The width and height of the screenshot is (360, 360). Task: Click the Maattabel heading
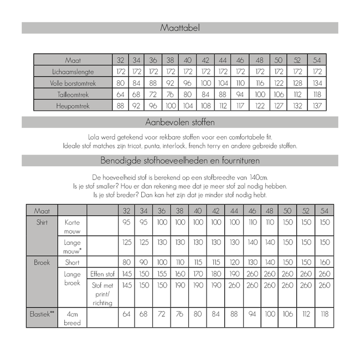tap(180, 27)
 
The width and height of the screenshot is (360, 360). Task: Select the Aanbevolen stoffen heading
tap(180, 122)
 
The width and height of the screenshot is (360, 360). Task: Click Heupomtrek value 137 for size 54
tap(317, 106)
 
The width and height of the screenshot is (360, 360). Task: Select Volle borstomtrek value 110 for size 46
tap(240, 83)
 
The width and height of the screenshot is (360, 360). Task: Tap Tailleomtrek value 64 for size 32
tap(121, 95)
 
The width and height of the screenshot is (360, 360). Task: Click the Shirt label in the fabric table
tap(42, 222)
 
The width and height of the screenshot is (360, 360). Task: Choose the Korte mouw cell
tap(73, 226)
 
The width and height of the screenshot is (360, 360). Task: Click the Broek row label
tap(42, 263)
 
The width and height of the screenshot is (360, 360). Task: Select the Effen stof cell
tap(102, 274)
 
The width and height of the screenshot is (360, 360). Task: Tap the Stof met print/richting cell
tap(102, 294)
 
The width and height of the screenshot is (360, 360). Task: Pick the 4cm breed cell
tap(73, 318)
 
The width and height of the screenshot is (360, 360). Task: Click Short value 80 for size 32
tap(126, 263)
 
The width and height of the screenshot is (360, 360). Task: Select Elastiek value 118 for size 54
tap(325, 314)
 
